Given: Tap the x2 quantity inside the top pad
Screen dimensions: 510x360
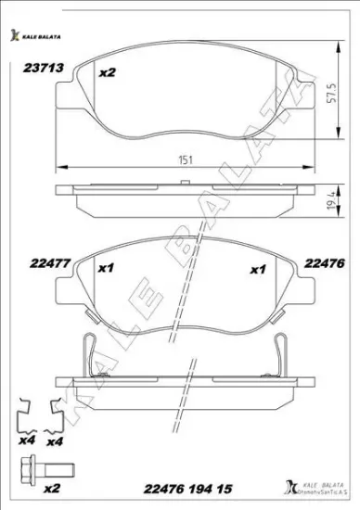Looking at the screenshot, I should coord(107,72).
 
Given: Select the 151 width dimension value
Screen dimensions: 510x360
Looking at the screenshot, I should coord(186,159).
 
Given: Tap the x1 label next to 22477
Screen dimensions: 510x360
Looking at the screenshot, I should coord(105,270).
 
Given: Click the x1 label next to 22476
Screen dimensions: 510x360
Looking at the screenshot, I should coord(259,270).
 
